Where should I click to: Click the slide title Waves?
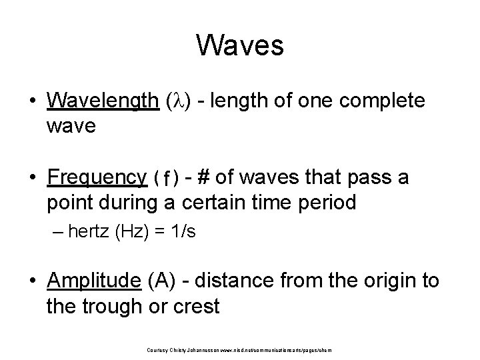[x=240, y=46]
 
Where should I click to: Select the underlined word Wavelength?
[x=103, y=101]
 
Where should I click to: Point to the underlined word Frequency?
[x=97, y=177]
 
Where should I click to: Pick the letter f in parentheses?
[x=166, y=178]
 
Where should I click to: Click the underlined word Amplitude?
[x=94, y=281]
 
